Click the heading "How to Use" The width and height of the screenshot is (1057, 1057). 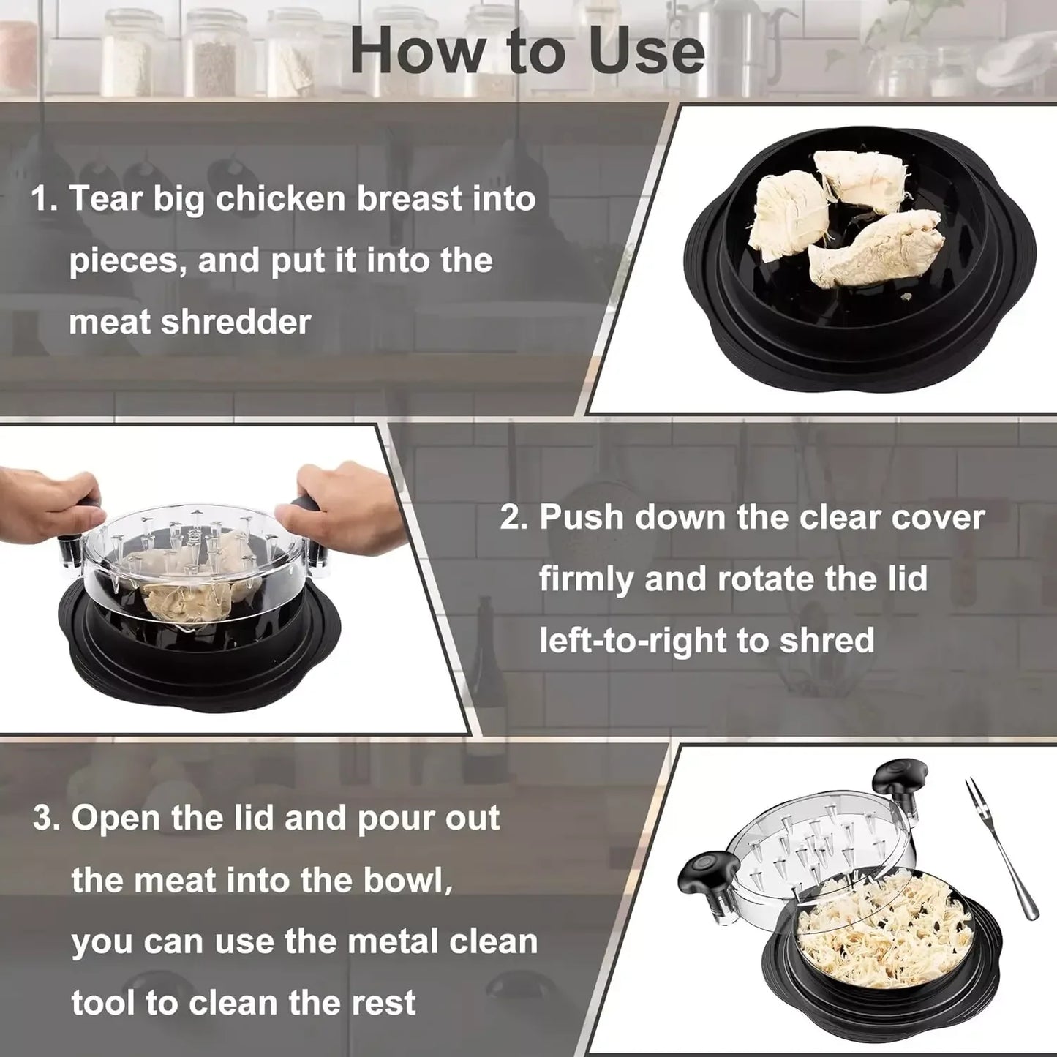click(x=527, y=51)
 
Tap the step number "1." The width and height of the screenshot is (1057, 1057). click(x=45, y=200)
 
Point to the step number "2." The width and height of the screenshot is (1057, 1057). click(x=514, y=517)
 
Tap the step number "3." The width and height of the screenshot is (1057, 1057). click(x=47, y=819)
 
